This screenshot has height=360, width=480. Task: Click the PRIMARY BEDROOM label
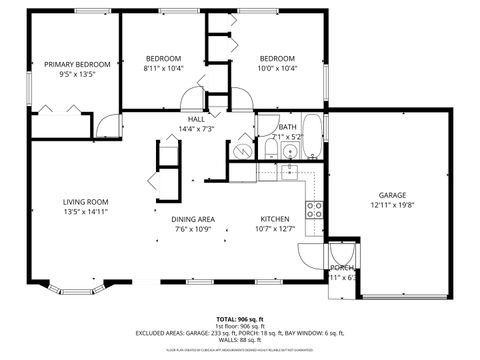coord(77,64)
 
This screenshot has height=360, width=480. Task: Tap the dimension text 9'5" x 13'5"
coord(77,74)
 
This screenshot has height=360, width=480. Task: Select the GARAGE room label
coord(392,194)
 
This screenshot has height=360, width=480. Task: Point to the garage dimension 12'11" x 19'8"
coord(392,205)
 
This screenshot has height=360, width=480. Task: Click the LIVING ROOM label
coord(84,200)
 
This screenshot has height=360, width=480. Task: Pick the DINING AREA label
coord(193,219)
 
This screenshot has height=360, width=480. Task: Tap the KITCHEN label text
coord(275,219)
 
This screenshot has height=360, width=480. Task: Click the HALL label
coord(196,119)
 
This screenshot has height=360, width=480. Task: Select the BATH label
coord(287,127)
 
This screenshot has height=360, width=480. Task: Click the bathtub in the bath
coord(312,138)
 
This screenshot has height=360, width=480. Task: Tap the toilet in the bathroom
coord(270,150)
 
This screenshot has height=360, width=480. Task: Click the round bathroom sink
coord(290,152)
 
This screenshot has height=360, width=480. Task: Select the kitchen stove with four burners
coord(314,209)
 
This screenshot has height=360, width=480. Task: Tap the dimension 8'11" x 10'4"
coord(163,69)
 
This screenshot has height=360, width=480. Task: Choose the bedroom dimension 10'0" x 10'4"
coord(279,69)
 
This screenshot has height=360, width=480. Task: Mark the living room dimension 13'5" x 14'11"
coord(84,211)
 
